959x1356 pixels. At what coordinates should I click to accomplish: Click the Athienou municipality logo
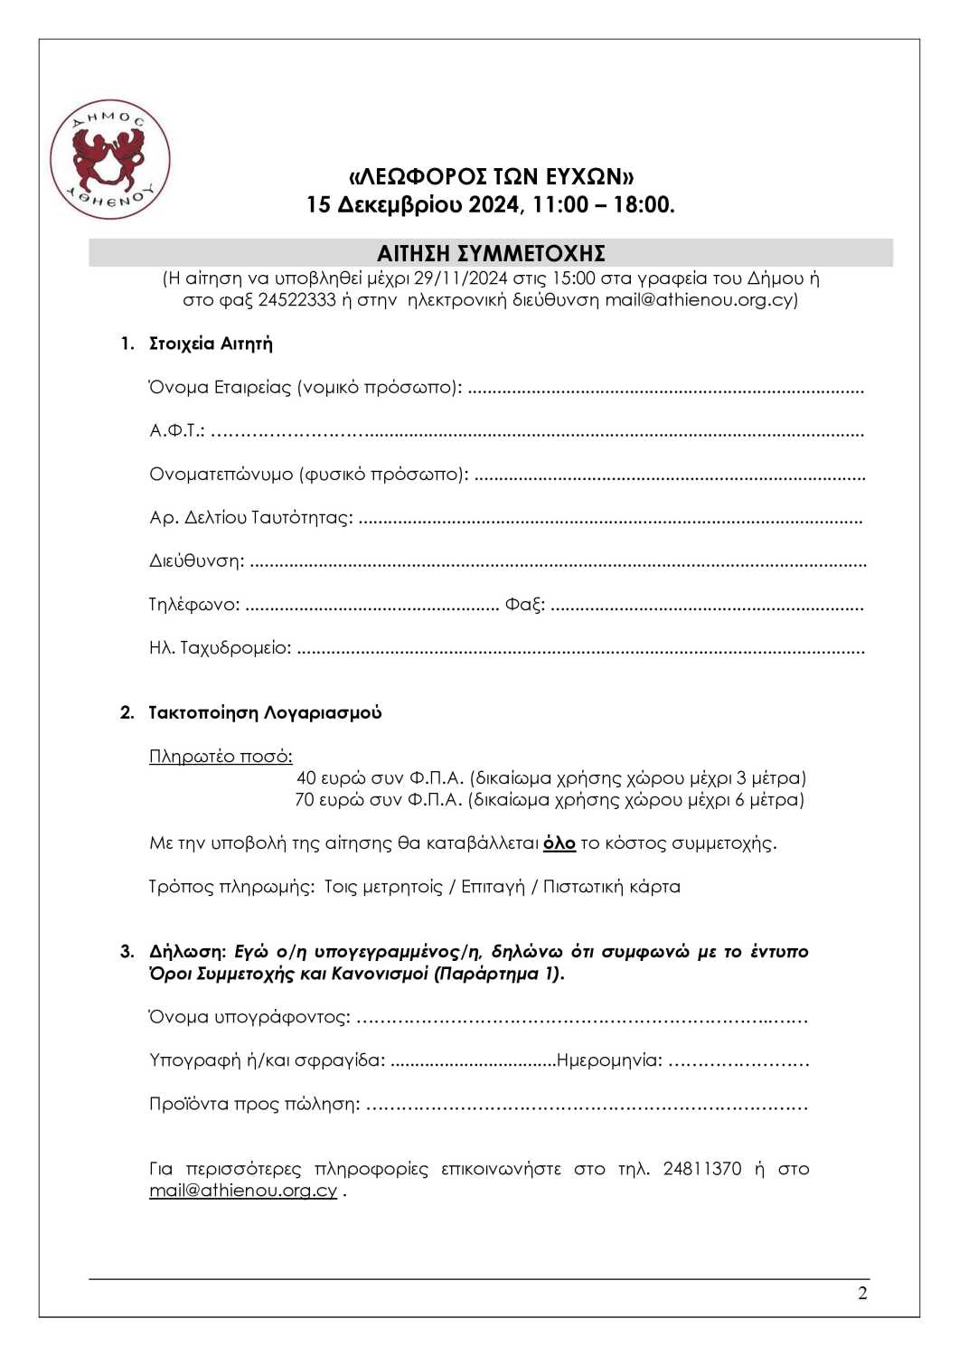pos(109,159)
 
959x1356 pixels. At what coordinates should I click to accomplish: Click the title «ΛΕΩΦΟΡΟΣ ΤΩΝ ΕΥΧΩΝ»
pos(492,175)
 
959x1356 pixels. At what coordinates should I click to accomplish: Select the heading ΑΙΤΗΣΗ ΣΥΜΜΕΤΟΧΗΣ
pos(491,253)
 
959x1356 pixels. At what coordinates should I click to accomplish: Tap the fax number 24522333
pos(297,300)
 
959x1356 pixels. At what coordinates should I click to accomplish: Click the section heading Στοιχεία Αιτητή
pos(211,344)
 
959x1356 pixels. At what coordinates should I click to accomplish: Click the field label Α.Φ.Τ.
pos(176,430)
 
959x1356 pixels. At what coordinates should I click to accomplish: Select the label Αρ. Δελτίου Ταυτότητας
pos(250,518)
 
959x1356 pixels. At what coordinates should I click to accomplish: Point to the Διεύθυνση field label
pos(196,561)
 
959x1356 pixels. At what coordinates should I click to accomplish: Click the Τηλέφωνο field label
pos(194,605)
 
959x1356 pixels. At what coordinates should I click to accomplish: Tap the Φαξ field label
pos(524,605)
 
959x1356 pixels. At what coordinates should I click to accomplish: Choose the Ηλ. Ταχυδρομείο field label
pos(220,648)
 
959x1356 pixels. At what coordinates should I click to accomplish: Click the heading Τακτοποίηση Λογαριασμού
pos(265,712)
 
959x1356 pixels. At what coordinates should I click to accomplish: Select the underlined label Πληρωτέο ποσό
pos(221,757)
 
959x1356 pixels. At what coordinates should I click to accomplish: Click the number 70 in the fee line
pos(305,800)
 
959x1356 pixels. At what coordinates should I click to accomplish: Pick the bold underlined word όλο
pos(559,843)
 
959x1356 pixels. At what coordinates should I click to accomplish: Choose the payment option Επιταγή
pos(493,887)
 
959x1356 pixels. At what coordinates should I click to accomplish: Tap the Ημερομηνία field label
pos(609,1060)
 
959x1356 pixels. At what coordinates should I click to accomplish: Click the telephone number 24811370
pos(701,1169)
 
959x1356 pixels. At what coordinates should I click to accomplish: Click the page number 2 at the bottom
pos(862,1294)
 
